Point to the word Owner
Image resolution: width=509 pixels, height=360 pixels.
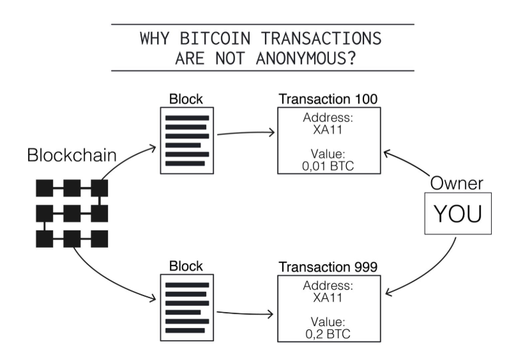pos(456,183)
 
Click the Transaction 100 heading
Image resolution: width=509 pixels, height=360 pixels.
pos(328,100)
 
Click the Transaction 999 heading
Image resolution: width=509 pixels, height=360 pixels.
pos(328,267)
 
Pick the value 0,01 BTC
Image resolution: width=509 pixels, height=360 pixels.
pos(328,166)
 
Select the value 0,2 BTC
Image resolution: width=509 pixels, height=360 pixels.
pos(328,334)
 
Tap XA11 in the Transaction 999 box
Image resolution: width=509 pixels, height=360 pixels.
pos(328,297)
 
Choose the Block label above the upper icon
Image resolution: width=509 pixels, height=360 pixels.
pos(186,100)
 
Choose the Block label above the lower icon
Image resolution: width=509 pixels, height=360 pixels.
pos(186,266)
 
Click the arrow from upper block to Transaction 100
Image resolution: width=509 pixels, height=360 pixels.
pos(245,133)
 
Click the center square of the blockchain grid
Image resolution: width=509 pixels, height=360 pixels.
pos(72,213)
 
